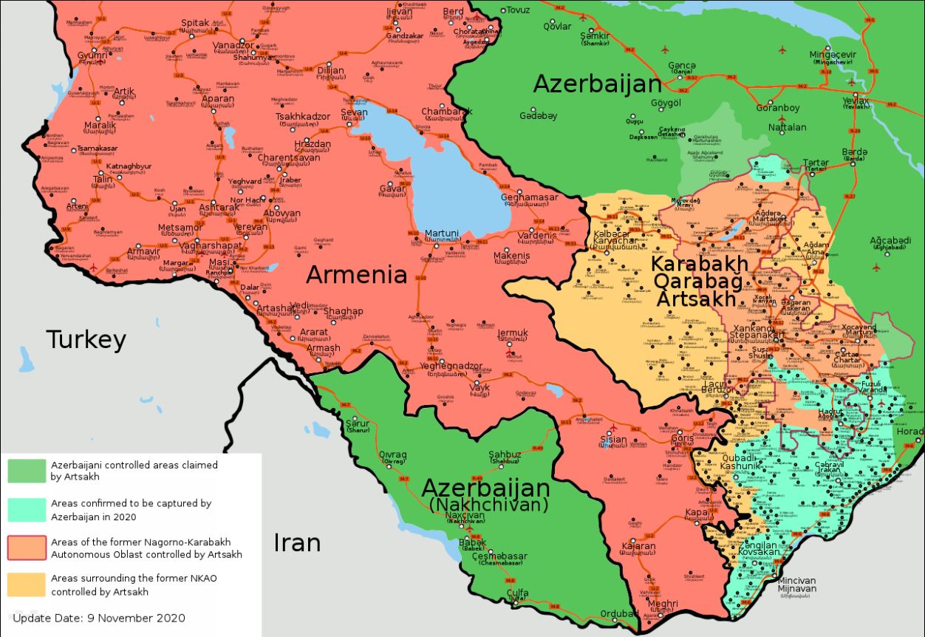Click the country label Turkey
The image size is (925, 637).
coord(86,340)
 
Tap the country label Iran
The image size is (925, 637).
coord(297,542)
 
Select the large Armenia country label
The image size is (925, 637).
coord(357,275)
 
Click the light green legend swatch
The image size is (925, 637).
coord(27,471)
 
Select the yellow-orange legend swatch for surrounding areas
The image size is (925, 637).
coord(27,585)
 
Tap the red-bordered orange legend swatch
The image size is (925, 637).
coord(27,547)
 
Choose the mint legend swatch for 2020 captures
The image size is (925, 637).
coord(27,509)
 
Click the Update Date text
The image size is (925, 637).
coord(99,618)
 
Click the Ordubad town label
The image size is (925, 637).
coord(619,613)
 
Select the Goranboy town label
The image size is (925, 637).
coord(777,108)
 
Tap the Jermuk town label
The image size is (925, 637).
coord(513,333)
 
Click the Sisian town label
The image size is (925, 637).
coord(613,440)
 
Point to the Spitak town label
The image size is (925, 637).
coord(195,24)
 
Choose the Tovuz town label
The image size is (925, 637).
coord(516,10)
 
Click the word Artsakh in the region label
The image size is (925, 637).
coord(696,299)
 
